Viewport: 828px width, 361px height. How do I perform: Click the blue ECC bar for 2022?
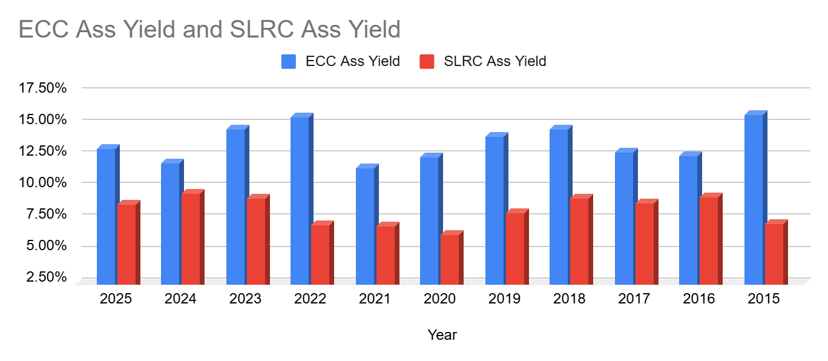tap(300, 200)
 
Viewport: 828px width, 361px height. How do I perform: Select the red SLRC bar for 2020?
tap(450, 259)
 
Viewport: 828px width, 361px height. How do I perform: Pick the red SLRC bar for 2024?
tap(191, 239)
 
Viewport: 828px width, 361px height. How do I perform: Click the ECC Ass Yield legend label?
tap(352, 61)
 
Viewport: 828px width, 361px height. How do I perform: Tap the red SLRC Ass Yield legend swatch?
tap(427, 61)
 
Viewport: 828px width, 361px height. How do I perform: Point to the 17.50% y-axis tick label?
tap(43, 88)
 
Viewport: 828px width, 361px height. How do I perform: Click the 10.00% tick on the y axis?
tap(43, 182)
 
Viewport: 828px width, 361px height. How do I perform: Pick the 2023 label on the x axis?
tap(245, 299)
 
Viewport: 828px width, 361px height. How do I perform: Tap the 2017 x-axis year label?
tap(634, 299)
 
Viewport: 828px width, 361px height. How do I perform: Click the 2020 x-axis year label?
tap(439, 299)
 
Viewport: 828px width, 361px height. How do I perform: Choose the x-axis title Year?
tap(442, 334)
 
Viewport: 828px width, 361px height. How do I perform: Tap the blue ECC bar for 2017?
tap(624, 217)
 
